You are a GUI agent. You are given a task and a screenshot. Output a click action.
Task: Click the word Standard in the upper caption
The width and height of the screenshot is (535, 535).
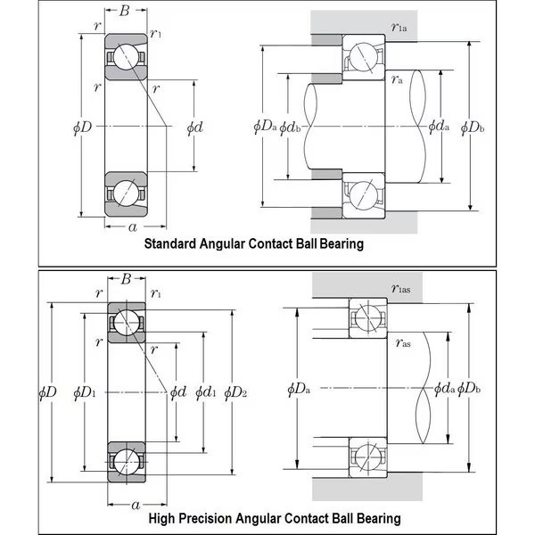pos(170,243)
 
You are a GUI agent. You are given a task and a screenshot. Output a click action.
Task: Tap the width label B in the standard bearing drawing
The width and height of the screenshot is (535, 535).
pos(124,12)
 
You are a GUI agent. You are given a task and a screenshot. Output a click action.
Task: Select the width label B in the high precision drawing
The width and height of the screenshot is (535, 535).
pos(126,279)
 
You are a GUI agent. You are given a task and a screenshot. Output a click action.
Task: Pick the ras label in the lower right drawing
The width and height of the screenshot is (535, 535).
pos(403,341)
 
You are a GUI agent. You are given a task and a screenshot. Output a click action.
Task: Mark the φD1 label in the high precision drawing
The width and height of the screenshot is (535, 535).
pos(85,391)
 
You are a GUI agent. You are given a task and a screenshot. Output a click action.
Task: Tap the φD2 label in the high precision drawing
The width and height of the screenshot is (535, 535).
pos(236,391)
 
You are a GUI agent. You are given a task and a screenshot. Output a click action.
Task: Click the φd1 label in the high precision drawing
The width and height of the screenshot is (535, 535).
pos(207,391)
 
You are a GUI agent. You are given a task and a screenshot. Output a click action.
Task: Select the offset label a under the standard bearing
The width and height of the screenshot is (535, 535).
pos(133,227)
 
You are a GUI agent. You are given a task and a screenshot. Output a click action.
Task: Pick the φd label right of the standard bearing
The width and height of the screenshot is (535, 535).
pos(194,127)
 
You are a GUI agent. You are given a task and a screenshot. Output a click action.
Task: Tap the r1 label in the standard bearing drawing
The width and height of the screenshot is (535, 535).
pos(157,34)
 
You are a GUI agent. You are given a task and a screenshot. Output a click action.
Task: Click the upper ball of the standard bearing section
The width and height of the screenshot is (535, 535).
pos(125,57)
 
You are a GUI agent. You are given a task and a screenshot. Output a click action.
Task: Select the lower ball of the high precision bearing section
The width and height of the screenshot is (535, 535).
pos(126,461)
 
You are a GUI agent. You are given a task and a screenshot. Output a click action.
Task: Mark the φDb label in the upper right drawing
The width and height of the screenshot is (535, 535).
pos(473,128)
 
